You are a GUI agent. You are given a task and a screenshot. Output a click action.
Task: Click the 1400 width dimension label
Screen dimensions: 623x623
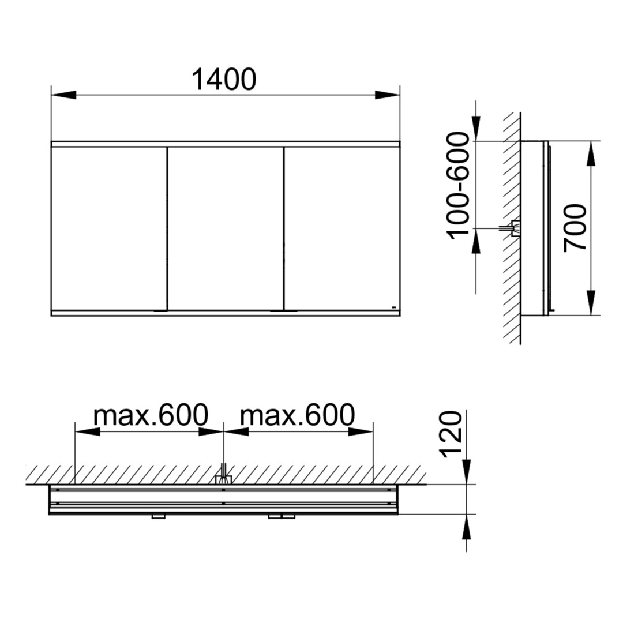click(x=224, y=80)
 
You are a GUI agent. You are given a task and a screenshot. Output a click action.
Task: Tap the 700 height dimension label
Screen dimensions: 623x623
click(x=575, y=227)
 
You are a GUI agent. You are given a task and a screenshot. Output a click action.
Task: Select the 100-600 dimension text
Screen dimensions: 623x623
click(x=458, y=186)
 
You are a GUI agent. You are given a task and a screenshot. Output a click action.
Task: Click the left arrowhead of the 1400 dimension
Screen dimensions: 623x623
click(x=63, y=95)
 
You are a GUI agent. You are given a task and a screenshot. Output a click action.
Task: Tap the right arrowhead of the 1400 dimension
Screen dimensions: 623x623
click(x=388, y=95)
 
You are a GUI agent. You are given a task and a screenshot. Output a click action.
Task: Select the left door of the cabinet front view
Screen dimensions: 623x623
click(x=109, y=228)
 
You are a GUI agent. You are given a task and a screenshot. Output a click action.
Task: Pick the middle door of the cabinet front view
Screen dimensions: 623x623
click(x=226, y=228)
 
